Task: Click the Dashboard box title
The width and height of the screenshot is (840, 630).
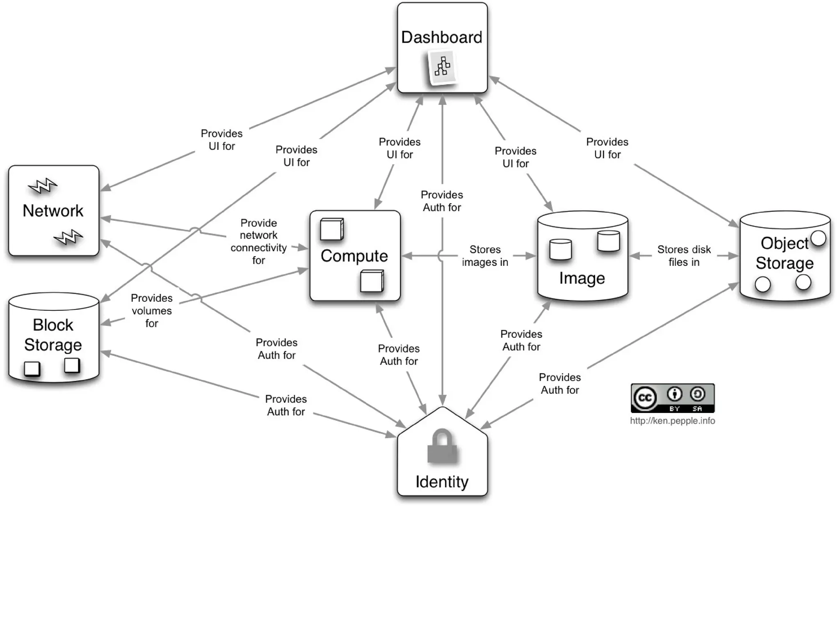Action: coord(441,37)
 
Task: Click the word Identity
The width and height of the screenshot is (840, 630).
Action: coord(442,481)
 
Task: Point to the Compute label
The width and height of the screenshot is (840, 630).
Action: coord(354,256)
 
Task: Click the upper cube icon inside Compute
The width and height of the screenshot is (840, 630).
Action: coord(331,229)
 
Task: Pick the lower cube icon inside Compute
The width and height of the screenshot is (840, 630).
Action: coord(372,281)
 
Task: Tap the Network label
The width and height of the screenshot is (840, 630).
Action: coord(53,211)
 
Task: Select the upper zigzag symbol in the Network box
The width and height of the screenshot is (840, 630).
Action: coord(43,186)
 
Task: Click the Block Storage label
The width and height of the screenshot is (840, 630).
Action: coord(53,334)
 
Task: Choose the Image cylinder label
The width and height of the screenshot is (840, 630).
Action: coord(582,278)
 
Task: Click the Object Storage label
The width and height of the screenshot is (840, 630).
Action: coord(784,253)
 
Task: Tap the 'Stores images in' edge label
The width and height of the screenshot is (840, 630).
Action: coord(485,256)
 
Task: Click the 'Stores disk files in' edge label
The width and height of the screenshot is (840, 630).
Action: coord(684,256)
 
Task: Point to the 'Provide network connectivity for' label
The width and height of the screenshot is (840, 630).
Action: coord(258,241)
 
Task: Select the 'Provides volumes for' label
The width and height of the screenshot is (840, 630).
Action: coord(152,310)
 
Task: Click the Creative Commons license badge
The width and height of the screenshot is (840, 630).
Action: coord(672,398)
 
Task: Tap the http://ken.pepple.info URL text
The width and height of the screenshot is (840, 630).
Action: coord(672,421)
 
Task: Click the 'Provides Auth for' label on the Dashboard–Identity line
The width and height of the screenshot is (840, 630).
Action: coord(442,201)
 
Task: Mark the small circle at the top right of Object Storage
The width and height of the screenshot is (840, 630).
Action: coord(818,238)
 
